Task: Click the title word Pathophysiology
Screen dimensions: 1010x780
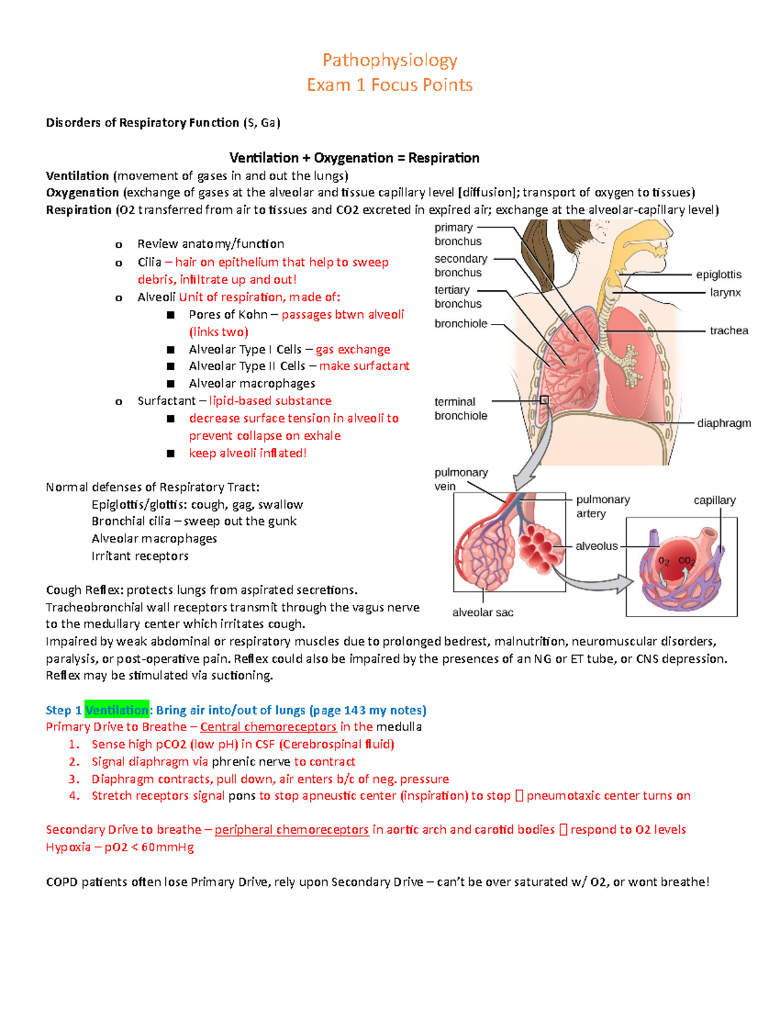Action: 390,60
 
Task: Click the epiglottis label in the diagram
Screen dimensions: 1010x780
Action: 718,274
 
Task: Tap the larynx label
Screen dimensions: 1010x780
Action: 725,293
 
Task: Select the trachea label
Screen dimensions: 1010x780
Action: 729,330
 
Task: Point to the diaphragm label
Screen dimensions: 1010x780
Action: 723,423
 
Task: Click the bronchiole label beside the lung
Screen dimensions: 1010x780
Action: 461,323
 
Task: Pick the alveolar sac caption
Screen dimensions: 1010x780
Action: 482,612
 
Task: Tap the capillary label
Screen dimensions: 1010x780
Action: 714,500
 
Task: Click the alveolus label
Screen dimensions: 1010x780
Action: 596,546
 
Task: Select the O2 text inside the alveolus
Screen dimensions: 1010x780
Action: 664,561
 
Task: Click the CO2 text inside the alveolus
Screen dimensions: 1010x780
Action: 686,561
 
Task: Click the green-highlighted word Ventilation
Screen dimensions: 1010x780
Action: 117,710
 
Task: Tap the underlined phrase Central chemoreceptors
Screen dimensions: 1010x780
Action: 268,727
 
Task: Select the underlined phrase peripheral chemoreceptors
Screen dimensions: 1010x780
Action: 291,830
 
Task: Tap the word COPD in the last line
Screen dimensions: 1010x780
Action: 62,882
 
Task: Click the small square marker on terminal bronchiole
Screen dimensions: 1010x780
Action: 545,401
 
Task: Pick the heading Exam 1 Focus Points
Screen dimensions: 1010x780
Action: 390,85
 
